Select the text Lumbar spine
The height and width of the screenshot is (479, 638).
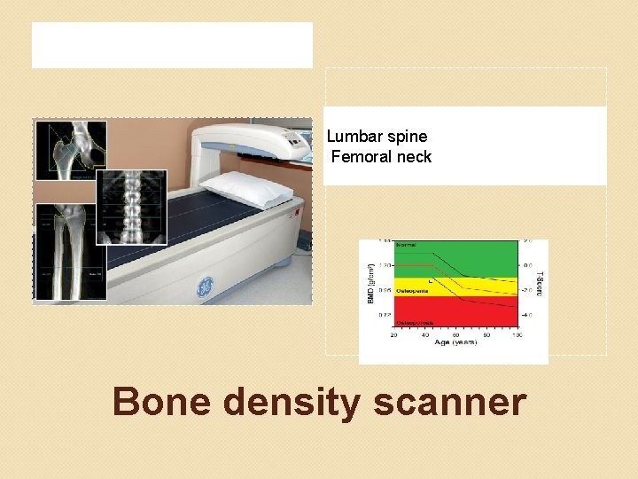coord(377,137)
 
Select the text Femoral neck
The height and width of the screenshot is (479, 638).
coord(381,157)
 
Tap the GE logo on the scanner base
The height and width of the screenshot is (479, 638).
coord(205,287)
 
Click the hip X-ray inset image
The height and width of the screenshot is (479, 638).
coord(71,149)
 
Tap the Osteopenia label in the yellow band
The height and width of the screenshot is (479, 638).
coord(411,290)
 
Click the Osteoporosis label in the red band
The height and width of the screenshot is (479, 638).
coord(414,323)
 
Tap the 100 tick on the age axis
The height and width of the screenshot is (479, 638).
coord(516,335)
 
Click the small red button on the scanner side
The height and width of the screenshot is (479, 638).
coord(298,213)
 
